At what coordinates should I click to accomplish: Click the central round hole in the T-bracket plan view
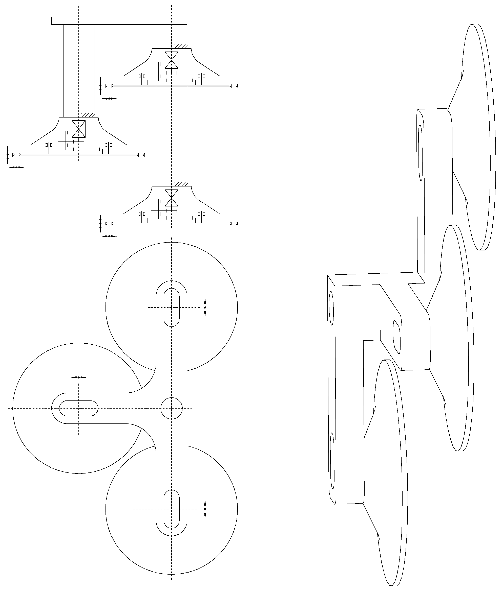pyautogui.click(x=171, y=408)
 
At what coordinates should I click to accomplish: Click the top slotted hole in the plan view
pyautogui.click(x=171, y=307)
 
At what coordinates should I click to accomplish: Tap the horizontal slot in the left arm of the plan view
pyautogui.click(x=78, y=408)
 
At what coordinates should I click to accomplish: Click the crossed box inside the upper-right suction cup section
pyautogui.click(x=171, y=60)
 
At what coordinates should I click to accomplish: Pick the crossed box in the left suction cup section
pyautogui.click(x=78, y=129)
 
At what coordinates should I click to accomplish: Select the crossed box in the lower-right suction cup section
pyautogui.click(x=171, y=198)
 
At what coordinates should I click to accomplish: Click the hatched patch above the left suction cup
pyautogui.click(x=87, y=115)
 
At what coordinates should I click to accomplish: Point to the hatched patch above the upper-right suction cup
pyautogui.click(x=180, y=46)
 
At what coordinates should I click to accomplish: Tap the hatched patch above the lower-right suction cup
pyautogui.click(x=180, y=184)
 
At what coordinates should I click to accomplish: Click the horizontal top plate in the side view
pyautogui.click(x=119, y=20)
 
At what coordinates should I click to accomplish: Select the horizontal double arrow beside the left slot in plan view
pyautogui.click(x=78, y=377)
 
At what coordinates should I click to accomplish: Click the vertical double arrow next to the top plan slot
pyautogui.click(x=205, y=307)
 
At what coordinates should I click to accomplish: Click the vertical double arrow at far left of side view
pyautogui.click(x=8, y=155)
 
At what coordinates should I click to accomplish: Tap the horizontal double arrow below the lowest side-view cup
pyautogui.click(x=109, y=236)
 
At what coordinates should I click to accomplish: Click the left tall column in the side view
pyautogui.click(x=78, y=67)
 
